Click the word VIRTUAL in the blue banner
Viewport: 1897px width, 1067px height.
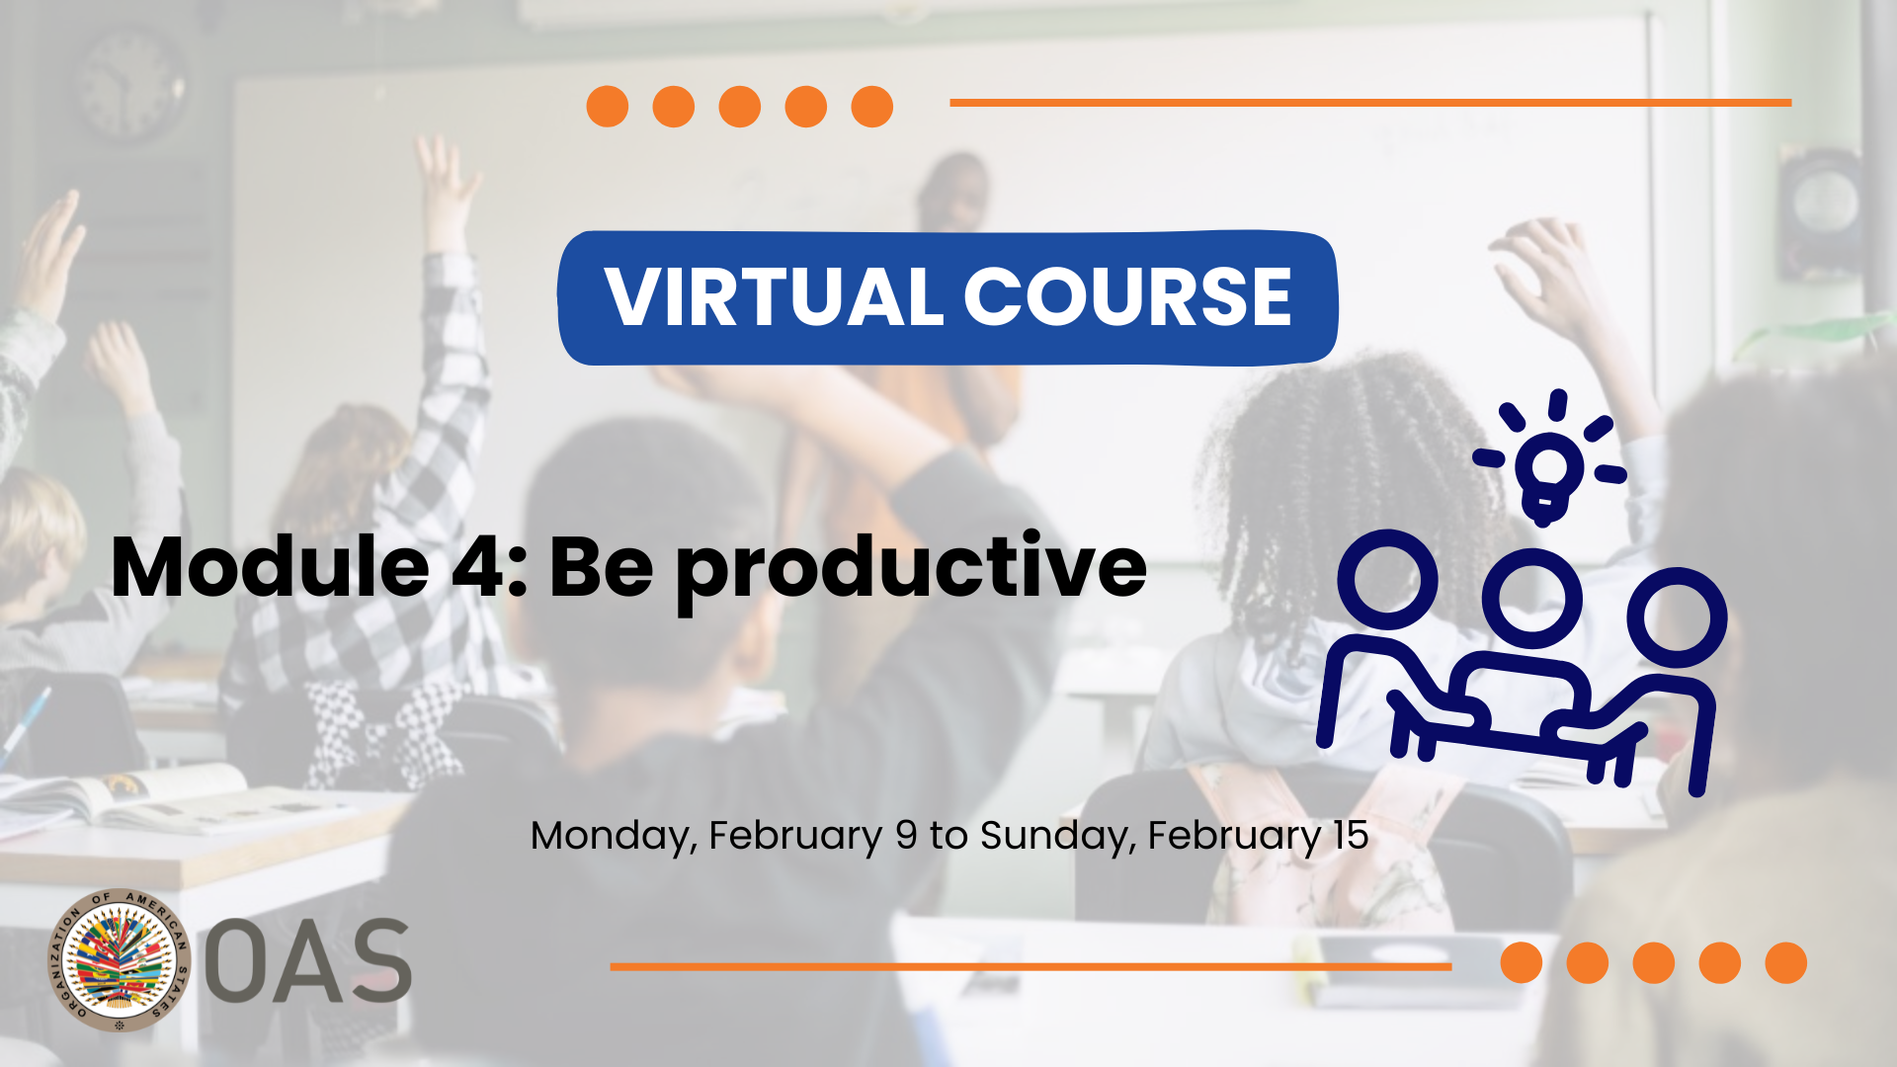775,297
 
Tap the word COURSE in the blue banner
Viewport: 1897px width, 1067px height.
1127,297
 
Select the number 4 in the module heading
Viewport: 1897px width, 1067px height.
478,568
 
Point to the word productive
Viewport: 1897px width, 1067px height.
911,571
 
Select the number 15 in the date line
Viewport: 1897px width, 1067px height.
1350,835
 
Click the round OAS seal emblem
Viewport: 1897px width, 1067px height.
120,960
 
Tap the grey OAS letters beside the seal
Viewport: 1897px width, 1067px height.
307,960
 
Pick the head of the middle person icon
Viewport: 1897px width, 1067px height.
1532,599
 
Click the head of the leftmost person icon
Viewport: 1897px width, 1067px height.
1387,580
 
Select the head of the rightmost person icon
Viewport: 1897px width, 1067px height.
1677,617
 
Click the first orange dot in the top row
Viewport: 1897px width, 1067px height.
608,107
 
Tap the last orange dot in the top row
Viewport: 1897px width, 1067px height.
872,107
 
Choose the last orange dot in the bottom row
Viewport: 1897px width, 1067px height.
1786,963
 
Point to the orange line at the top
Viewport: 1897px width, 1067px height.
1370,102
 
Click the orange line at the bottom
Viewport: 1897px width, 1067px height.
1031,967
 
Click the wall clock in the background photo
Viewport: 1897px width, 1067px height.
129,84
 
